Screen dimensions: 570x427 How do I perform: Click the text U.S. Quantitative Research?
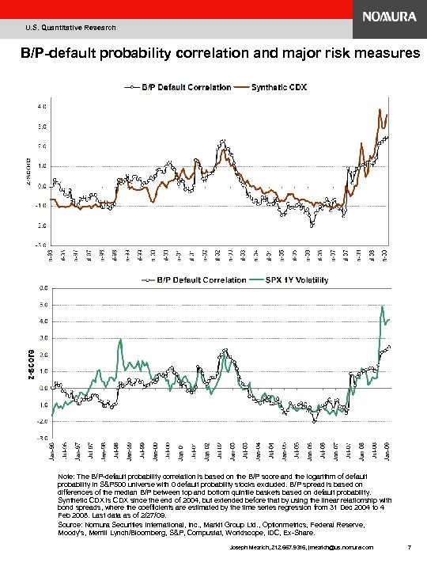(x=70, y=28)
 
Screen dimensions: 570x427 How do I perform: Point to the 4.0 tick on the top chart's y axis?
(x=40, y=105)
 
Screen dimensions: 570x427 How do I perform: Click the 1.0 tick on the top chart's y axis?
(x=40, y=165)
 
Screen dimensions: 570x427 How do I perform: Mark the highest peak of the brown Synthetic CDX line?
(x=380, y=109)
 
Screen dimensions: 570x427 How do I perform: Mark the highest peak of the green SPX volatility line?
(x=382, y=306)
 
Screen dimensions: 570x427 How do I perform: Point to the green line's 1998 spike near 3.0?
(x=120, y=340)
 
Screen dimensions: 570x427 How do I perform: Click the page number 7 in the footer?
(x=406, y=547)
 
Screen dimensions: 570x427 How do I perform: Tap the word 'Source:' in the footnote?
(x=71, y=524)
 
